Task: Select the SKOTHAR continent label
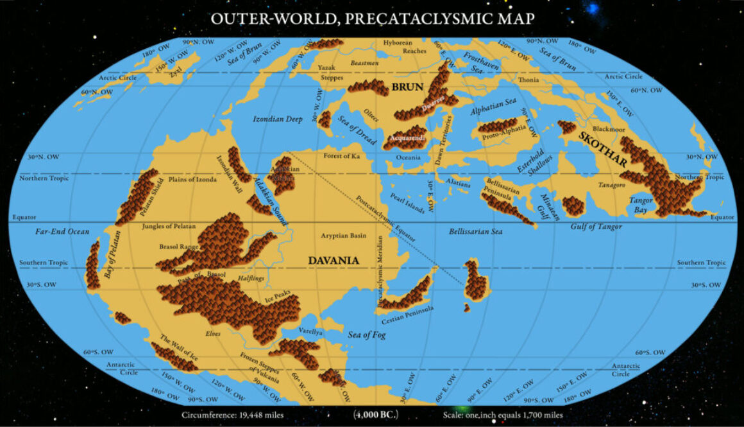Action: click(x=603, y=150)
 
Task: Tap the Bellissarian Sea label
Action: click(x=475, y=231)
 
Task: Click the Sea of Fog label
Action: click(x=367, y=334)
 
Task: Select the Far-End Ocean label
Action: click(x=62, y=231)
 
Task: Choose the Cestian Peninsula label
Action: click(x=408, y=313)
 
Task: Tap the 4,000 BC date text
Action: click(x=376, y=414)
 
